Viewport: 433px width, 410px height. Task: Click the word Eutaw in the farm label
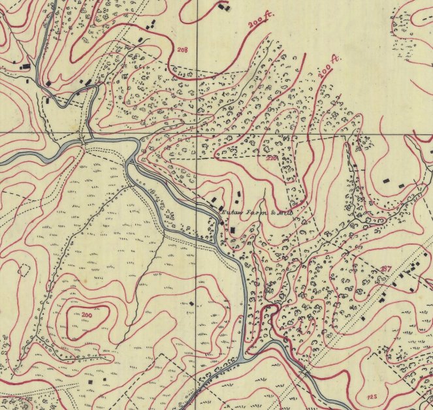231,212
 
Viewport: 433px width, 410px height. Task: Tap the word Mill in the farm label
283,213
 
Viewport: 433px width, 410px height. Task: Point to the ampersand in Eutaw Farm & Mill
271,213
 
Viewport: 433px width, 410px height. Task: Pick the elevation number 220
271,158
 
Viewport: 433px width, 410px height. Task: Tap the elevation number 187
386,268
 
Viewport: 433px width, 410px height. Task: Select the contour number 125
372,397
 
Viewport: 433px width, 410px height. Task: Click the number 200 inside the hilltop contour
87,315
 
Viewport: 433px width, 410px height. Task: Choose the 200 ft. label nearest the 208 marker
259,22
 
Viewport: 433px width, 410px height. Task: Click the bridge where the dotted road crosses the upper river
82,139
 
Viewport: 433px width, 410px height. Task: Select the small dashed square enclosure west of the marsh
25,270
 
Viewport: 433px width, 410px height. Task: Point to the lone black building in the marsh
191,304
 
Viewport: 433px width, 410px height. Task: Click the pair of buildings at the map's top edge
224,7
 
